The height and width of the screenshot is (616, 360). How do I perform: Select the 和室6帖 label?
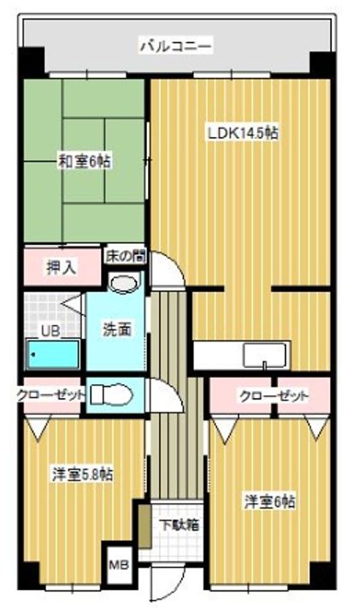[83, 160]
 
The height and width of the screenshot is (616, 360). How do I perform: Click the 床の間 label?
[126, 255]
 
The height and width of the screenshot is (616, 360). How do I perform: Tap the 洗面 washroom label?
[116, 329]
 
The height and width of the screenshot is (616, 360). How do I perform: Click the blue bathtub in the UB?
[53, 354]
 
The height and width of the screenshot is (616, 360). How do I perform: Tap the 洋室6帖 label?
[269, 502]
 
